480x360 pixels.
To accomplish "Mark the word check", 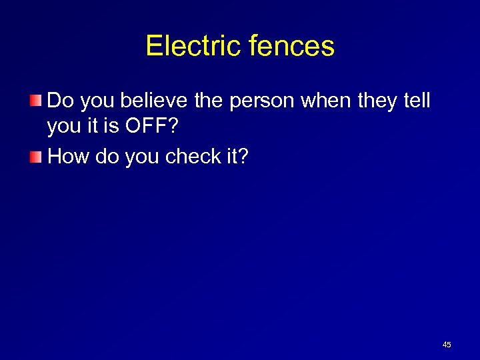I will click(190, 156).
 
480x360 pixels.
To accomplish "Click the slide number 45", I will click(447, 345).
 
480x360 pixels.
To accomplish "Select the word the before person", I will click(210, 101).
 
